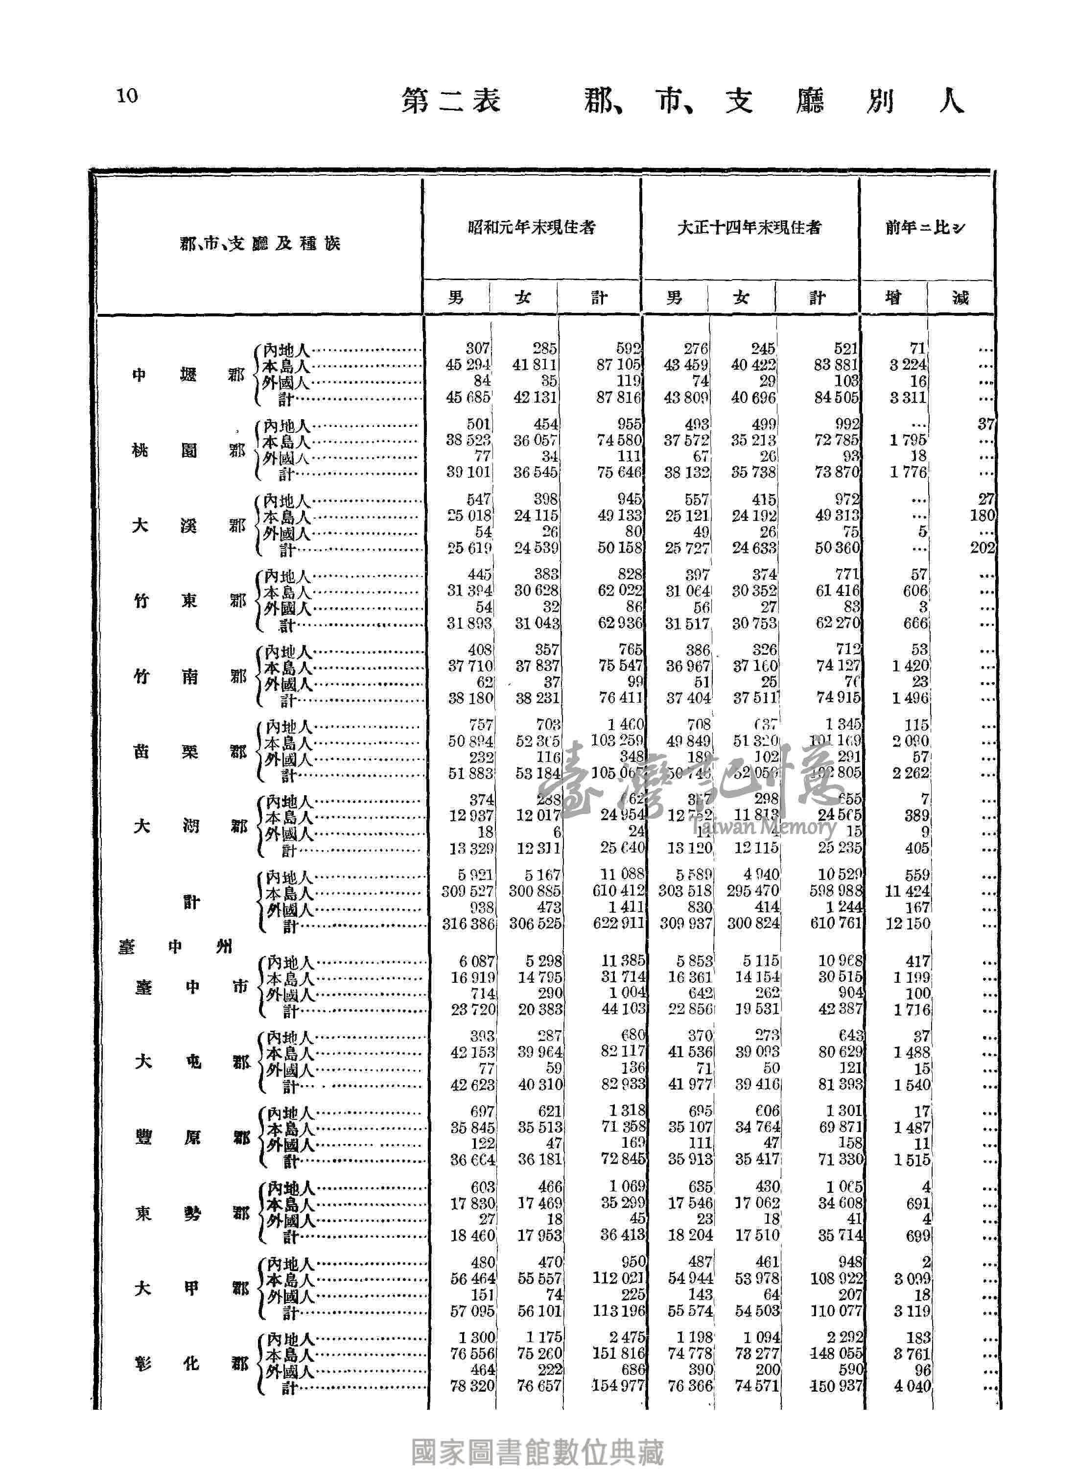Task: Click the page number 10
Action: coord(128,96)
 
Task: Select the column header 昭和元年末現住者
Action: coord(531,228)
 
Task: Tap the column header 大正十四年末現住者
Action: coord(749,228)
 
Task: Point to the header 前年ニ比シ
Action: coord(925,228)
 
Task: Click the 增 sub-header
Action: coord(892,298)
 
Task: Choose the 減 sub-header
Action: coord(960,298)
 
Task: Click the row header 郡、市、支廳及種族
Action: coord(260,244)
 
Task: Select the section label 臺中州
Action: coord(175,946)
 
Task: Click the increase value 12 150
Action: coord(908,923)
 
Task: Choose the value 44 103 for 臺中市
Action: coord(623,1009)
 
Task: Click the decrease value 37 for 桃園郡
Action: coord(986,425)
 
